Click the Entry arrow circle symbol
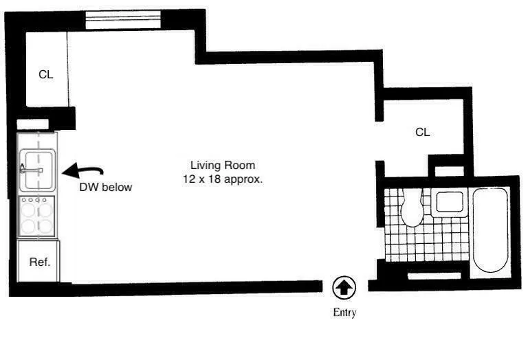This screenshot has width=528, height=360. (344, 286)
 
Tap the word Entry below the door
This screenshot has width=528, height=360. (344, 313)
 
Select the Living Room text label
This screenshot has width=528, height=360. (223, 165)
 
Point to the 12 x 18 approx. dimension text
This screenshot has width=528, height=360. (223, 178)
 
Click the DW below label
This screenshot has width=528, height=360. (106, 187)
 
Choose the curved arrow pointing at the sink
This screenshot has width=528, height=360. (82, 170)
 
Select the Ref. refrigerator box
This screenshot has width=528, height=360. (38, 261)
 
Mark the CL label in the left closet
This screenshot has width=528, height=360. (45, 74)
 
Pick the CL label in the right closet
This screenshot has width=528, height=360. (422, 132)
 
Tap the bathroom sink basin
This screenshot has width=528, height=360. (450, 202)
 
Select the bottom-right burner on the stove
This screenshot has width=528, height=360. (46, 226)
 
